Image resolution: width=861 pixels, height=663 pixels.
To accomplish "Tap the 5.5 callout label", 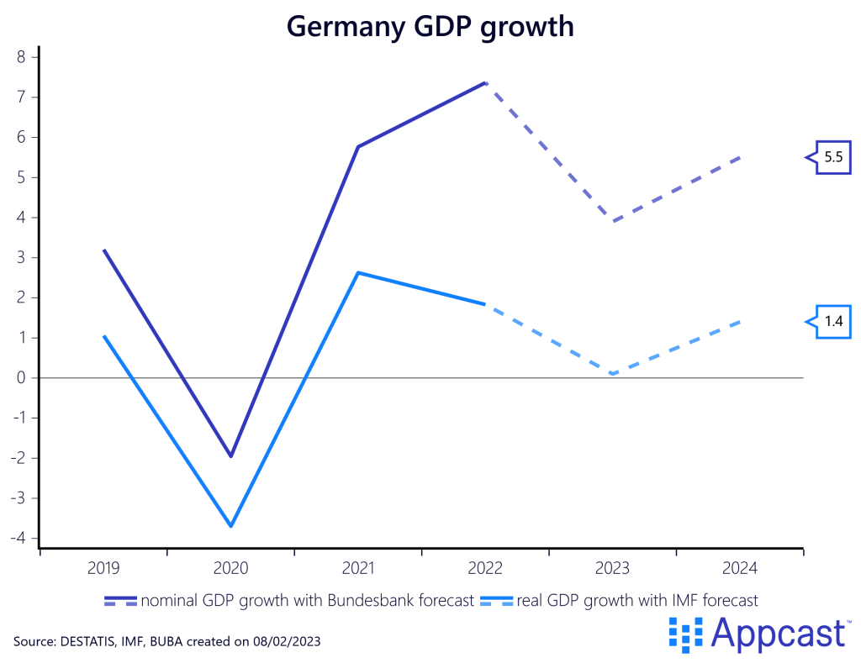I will pyautogui.click(x=833, y=157).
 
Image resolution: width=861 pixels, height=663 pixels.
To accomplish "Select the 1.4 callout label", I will pyautogui.click(x=833, y=321).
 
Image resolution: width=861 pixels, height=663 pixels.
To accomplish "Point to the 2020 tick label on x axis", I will pyautogui.click(x=230, y=569).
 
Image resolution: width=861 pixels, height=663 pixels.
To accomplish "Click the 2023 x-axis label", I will pyautogui.click(x=612, y=569).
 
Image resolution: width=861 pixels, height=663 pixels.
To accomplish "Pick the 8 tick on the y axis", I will pyautogui.click(x=23, y=57).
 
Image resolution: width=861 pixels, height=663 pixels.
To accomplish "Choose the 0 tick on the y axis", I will pyautogui.click(x=23, y=378).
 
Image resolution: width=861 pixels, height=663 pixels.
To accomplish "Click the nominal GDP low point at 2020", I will pyautogui.click(x=230, y=456).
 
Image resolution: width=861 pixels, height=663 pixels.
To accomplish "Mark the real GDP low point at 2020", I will pyautogui.click(x=230, y=526).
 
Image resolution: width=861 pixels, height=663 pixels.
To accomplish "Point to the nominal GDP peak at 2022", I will pyautogui.click(x=485, y=82).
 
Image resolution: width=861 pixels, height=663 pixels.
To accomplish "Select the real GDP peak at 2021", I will pyautogui.click(x=358, y=272).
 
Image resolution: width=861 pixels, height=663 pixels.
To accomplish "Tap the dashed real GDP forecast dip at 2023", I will pyautogui.click(x=613, y=374).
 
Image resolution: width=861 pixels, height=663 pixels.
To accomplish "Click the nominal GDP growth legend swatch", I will pyautogui.click(x=121, y=601).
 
